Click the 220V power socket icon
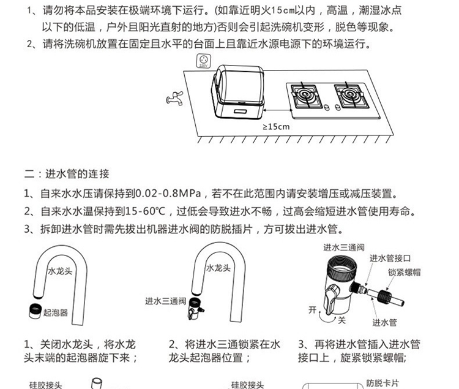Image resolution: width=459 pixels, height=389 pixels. (203, 61)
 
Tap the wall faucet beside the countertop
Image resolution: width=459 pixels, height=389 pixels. (175, 98)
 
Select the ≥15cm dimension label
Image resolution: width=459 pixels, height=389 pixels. (276, 127)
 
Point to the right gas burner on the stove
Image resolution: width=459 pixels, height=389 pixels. (349, 95)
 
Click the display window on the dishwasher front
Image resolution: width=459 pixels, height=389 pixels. (241, 111)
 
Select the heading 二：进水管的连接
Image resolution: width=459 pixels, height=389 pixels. (67, 174)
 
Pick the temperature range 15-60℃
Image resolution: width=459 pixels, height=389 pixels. (145, 211)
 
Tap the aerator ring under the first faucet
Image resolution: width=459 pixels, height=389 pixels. (35, 311)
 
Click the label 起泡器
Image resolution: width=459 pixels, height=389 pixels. (55, 312)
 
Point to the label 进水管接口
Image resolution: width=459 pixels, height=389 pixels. (390, 259)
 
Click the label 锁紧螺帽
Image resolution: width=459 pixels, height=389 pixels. (405, 273)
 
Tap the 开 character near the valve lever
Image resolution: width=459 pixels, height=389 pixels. (313, 310)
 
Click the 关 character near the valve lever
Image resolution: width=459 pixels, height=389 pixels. (341, 320)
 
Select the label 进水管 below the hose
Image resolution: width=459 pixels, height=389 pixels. (384, 322)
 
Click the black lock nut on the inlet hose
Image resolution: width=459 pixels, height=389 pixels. (384, 296)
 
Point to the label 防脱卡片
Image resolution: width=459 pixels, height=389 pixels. (382, 383)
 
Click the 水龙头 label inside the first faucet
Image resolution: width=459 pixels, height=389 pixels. (60, 271)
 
